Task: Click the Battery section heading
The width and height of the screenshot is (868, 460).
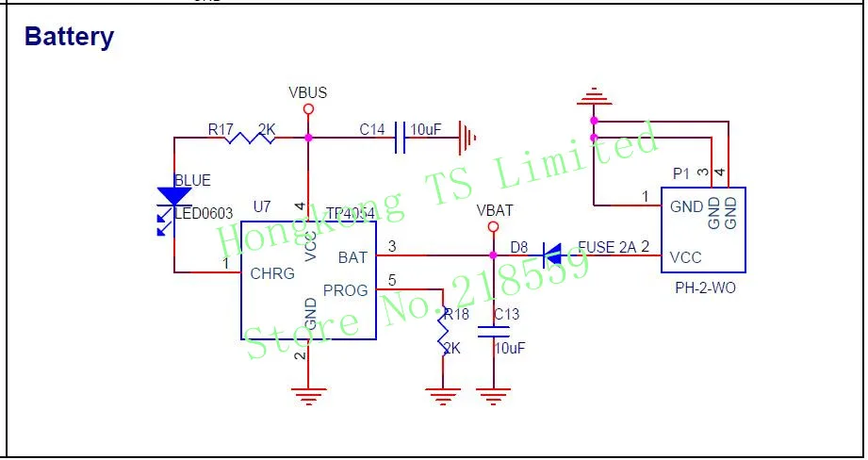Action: pyautogui.click(x=69, y=37)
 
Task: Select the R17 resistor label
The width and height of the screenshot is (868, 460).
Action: pyautogui.click(x=221, y=128)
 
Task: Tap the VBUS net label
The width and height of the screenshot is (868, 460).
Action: pyautogui.click(x=307, y=92)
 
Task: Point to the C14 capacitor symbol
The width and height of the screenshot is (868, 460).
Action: pyautogui.click(x=401, y=138)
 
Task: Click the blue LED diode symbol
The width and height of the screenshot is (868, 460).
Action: pyautogui.click(x=174, y=196)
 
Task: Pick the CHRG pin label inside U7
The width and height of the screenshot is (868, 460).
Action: pyautogui.click(x=272, y=273)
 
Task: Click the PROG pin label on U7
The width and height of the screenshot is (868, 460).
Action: pyautogui.click(x=345, y=290)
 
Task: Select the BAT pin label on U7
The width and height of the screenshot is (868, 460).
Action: pyautogui.click(x=352, y=256)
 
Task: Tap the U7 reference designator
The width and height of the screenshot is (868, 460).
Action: pyautogui.click(x=262, y=206)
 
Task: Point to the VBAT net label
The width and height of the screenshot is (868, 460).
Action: pyautogui.click(x=495, y=210)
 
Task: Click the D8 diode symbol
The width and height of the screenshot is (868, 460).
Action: pyautogui.click(x=552, y=255)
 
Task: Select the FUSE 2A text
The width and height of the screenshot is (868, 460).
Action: pyautogui.click(x=608, y=247)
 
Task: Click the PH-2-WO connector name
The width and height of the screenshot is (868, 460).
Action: pyautogui.click(x=705, y=288)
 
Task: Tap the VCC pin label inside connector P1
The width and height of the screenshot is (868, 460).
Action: pyautogui.click(x=685, y=256)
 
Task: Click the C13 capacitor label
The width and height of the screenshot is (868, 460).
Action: pyautogui.click(x=505, y=314)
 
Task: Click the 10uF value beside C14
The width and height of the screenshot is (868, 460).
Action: pyautogui.click(x=426, y=129)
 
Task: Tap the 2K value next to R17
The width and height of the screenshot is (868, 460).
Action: pyautogui.click(x=267, y=128)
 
